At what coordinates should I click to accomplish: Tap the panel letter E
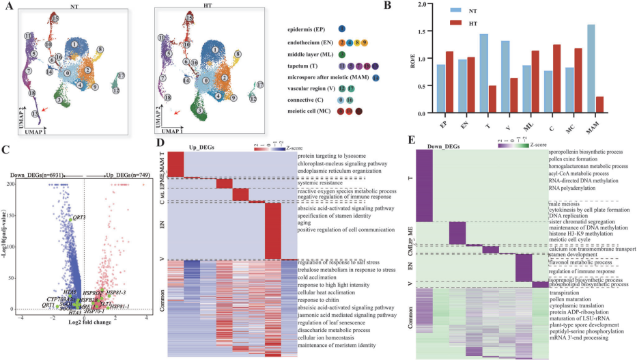pyautogui.click(x=408, y=141)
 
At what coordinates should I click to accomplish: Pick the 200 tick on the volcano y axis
pyautogui.click(x=12, y=184)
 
